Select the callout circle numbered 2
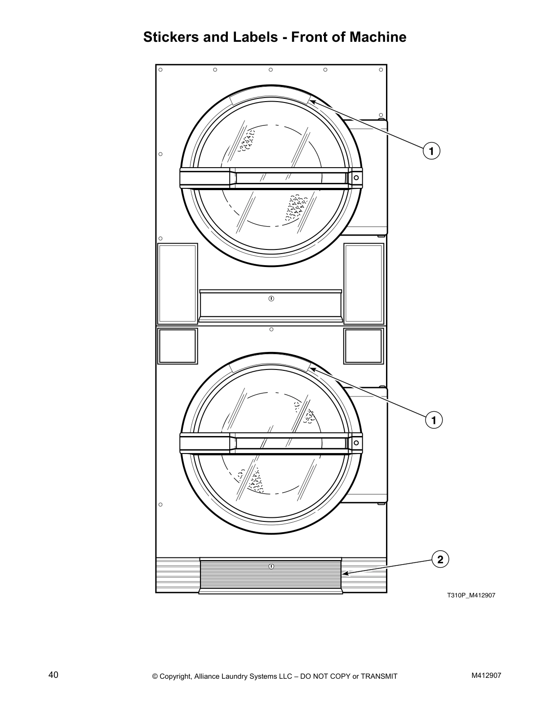pyautogui.click(x=440, y=560)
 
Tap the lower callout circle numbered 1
pyautogui.click(x=434, y=420)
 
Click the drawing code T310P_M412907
pyautogui.click(x=470, y=596)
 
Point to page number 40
pyautogui.click(x=53, y=675)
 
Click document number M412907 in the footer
pyautogui.click(x=486, y=675)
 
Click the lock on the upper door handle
pyautogui.click(x=356, y=178)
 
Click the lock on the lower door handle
pyautogui.click(x=356, y=443)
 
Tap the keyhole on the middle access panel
pyautogui.click(x=271, y=298)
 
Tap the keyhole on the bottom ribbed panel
pyautogui.click(x=271, y=566)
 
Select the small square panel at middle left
pyautogui.click(x=177, y=346)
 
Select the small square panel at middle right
pyautogui.click(x=364, y=346)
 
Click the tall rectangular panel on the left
pyautogui.click(x=177, y=283)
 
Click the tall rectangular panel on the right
pyautogui.click(x=364, y=283)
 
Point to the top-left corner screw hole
pyautogui.click(x=160, y=70)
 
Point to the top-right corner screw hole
pyautogui.click(x=381, y=70)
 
